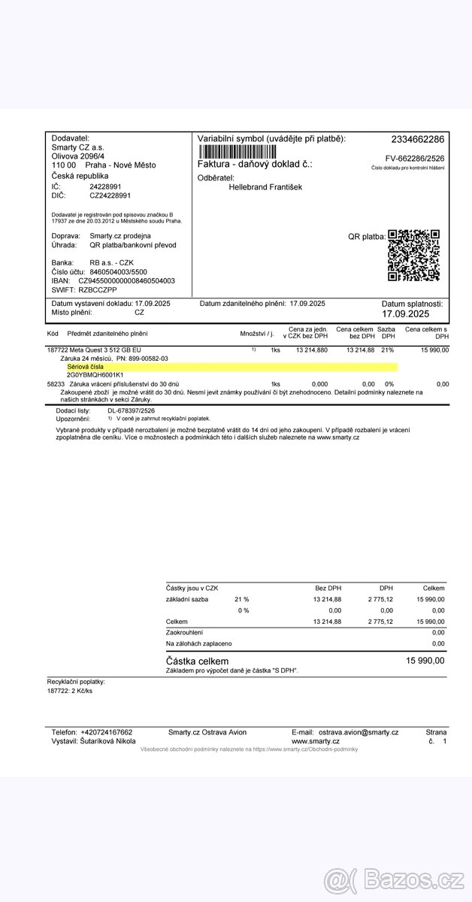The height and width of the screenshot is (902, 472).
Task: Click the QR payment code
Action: point(413,256)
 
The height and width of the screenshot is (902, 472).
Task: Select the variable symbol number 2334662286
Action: point(417,139)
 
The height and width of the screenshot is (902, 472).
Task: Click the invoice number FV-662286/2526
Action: point(415,159)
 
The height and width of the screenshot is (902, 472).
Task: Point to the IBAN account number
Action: point(127,280)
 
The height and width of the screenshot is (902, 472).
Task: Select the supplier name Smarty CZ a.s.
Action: point(79,147)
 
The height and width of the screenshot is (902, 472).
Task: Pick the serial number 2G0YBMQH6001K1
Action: point(95,374)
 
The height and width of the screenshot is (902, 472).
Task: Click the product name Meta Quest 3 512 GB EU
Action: point(105,350)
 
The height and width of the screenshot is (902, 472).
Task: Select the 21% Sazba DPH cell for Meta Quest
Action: point(387,350)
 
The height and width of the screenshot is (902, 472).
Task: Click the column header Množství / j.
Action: point(256,334)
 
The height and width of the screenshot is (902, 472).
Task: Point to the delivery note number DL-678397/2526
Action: point(131,411)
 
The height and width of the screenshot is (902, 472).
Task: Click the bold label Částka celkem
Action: point(197,660)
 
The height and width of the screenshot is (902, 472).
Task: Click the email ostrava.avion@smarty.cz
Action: point(358,732)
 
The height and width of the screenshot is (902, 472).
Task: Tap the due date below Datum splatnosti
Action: point(406,314)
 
